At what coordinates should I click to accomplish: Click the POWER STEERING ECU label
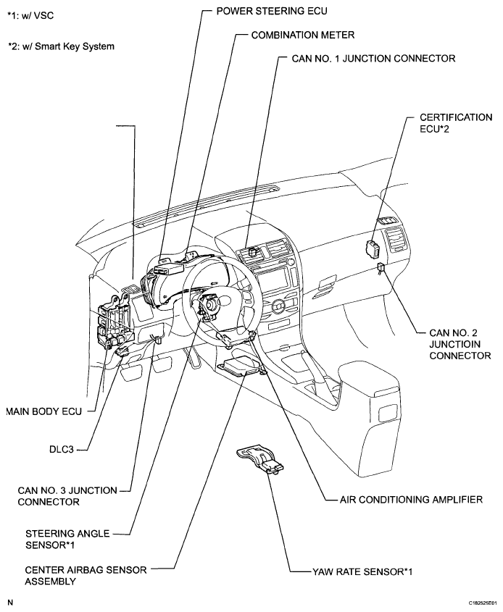pyautogui.click(x=272, y=11)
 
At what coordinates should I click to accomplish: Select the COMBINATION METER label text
pyautogui.click(x=303, y=35)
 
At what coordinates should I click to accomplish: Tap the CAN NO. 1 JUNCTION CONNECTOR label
pyautogui.click(x=373, y=59)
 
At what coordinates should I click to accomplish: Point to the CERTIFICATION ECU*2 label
pyautogui.click(x=455, y=123)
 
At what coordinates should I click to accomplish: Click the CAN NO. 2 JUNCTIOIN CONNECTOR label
pyautogui.click(x=460, y=344)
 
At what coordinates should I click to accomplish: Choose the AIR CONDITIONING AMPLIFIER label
pyautogui.click(x=411, y=500)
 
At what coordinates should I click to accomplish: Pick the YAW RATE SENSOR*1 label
pyautogui.click(x=362, y=572)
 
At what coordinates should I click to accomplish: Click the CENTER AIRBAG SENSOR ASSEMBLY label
pyautogui.click(x=86, y=576)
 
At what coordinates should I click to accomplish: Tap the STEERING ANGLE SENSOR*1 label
pyautogui.click(x=67, y=539)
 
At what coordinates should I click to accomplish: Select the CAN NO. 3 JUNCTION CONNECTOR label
pyautogui.click(x=67, y=496)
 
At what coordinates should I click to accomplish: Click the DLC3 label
pyautogui.click(x=62, y=450)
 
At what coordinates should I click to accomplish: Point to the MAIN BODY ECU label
pyautogui.click(x=44, y=411)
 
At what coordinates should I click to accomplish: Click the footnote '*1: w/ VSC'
pyautogui.click(x=31, y=16)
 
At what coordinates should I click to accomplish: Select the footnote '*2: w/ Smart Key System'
pyautogui.click(x=62, y=46)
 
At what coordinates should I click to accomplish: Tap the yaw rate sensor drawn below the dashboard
pyautogui.click(x=260, y=459)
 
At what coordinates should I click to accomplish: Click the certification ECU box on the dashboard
pyautogui.click(x=372, y=248)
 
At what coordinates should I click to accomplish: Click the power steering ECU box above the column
pyautogui.click(x=169, y=269)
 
